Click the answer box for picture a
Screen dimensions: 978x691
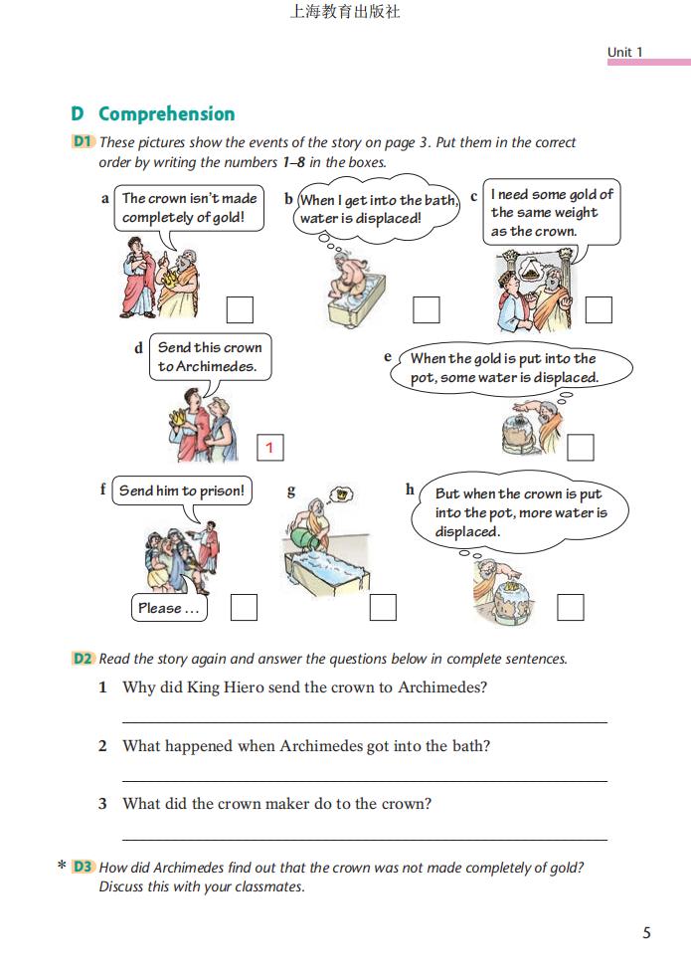click(240, 310)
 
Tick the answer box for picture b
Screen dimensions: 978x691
click(427, 310)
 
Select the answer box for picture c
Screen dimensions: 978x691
click(599, 310)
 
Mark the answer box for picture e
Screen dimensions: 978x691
click(581, 448)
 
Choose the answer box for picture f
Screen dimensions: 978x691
click(244, 607)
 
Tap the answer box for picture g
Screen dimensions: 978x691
click(383, 607)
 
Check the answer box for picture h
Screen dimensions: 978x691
click(571, 607)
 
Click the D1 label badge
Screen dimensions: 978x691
click(83, 142)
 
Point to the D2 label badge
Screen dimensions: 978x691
click(83, 659)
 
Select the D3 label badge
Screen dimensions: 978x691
click(83, 868)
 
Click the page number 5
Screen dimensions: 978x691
click(646, 933)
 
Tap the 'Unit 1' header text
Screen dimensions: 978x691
click(625, 52)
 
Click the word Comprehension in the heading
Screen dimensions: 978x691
click(166, 113)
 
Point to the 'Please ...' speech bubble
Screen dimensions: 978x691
click(169, 608)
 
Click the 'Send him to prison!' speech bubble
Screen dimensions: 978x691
click(182, 491)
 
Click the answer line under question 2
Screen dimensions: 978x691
click(364, 781)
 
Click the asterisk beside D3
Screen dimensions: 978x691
click(62, 868)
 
